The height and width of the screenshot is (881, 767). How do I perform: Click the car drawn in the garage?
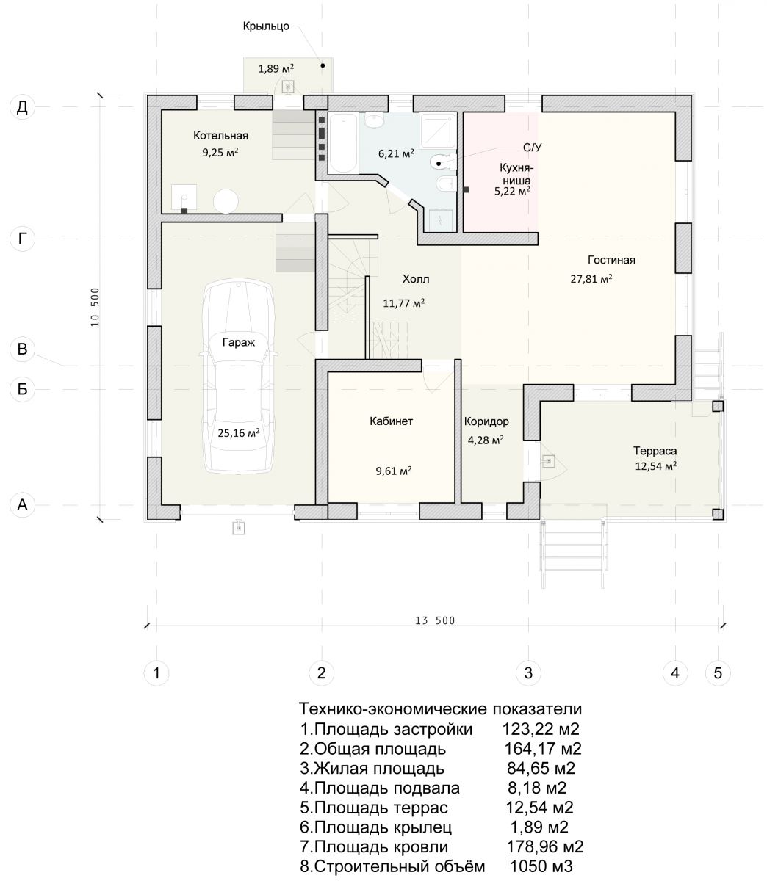(x=238, y=377)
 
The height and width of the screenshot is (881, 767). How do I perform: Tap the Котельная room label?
(x=220, y=136)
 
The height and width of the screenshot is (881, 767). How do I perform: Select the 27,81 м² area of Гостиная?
(x=591, y=278)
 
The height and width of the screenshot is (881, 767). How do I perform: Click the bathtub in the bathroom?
(x=343, y=142)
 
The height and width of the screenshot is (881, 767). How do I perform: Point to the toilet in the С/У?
(x=442, y=162)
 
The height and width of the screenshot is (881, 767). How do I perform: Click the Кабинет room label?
(x=392, y=421)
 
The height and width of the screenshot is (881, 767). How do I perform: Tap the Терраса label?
(x=655, y=451)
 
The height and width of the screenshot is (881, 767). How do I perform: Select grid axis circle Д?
(x=22, y=106)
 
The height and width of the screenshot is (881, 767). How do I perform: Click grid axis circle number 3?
(x=528, y=672)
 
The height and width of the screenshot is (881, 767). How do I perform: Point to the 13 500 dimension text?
(x=435, y=620)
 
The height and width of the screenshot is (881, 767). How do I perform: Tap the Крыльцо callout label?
(x=266, y=26)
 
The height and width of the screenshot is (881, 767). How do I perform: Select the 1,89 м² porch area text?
(x=276, y=68)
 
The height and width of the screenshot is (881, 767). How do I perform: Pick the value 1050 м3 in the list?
(x=541, y=866)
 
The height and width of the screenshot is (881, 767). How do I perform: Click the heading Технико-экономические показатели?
(x=440, y=708)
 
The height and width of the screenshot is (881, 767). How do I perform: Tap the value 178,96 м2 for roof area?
(x=544, y=846)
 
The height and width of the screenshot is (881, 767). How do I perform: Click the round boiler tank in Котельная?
(x=226, y=200)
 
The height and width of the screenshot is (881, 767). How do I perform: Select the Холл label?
(x=416, y=279)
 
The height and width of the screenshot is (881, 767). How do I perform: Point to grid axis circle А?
(x=22, y=504)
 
